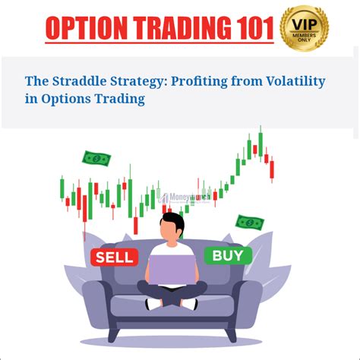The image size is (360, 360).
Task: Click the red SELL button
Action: tap(113, 257)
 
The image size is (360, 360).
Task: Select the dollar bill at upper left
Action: tap(96, 159)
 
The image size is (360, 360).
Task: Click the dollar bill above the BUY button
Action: tap(249, 223)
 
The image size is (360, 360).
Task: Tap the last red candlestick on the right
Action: tap(272, 169)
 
